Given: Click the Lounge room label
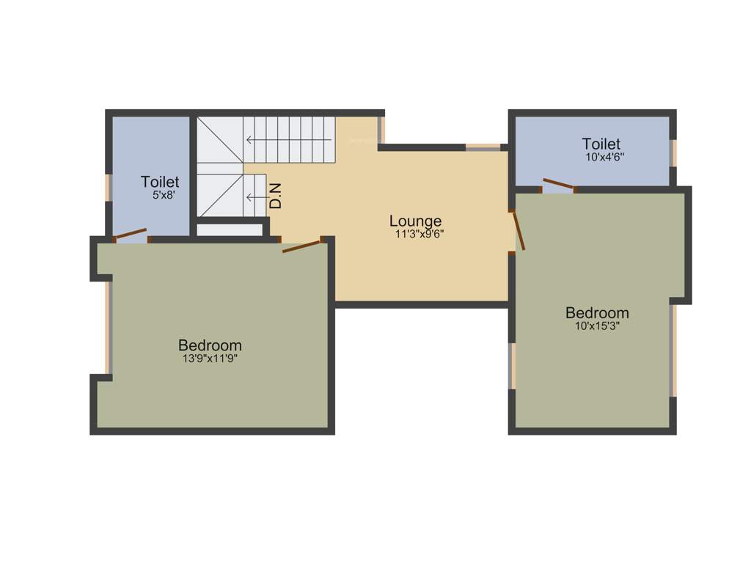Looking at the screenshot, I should pyautogui.click(x=415, y=221).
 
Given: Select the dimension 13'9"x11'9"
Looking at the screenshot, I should pyautogui.click(x=210, y=358).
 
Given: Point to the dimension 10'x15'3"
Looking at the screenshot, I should pyautogui.click(x=597, y=326).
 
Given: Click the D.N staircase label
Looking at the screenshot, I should pyautogui.click(x=276, y=196).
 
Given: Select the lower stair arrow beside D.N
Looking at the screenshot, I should pyautogui.click(x=255, y=196).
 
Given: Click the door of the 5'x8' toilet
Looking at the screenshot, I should pyautogui.click(x=132, y=235).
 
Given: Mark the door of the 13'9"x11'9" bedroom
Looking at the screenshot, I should pyautogui.click(x=302, y=246).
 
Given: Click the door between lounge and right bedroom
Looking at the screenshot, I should pyautogui.click(x=519, y=231).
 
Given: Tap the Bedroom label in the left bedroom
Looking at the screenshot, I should pyautogui.click(x=210, y=345).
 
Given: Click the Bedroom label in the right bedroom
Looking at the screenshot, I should pyautogui.click(x=597, y=313).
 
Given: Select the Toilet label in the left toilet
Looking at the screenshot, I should pyautogui.click(x=160, y=181).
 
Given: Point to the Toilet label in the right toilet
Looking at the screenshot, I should pyautogui.click(x=601, y=144).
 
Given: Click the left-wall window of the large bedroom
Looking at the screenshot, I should pyautogui.click(x=108, y=328).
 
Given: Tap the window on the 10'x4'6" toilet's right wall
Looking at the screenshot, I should pyautogui.click(x=673, y=152).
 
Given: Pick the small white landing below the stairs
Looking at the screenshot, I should pyautogui.click(x=230, y=229).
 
